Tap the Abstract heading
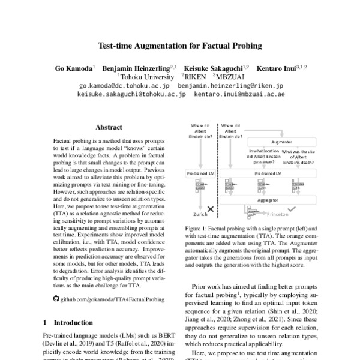(109, 127)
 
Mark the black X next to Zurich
(211, 209)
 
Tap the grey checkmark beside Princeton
(292, 209)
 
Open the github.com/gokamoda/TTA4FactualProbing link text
(106, 298)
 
